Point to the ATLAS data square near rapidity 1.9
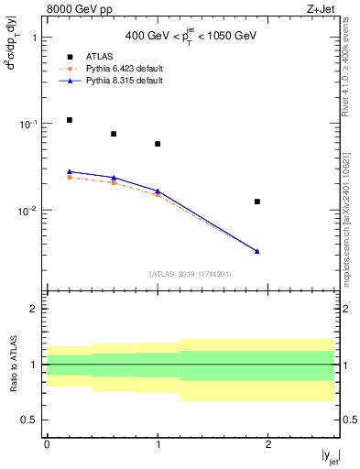pyautogui.click(x=257, y=202)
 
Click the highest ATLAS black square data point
pyautogui.click(x=70, y=120)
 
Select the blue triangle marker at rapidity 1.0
pyautogui.click(x=158, y=191)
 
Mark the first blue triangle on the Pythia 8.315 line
pyautogui.click(x=70, y=171)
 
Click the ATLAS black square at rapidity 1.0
pyautogui.click(x=158, y=144)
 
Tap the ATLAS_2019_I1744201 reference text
pyautogui.click(x=191, y=273)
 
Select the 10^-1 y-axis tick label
pyautogui.click(x=28, y=124)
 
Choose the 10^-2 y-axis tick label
pyautogui.click(x=28, y=210)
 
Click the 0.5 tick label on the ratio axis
pyautogui.click(x=31, y=420)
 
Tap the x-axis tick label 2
pyautogui.click(x=268, y=444)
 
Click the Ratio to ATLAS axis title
pyautogui.click(x=15, y=365)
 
